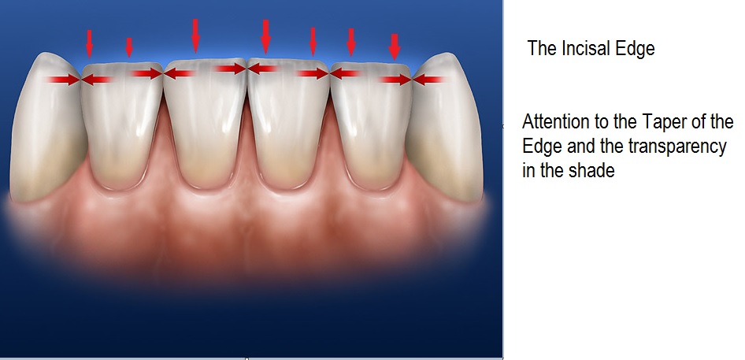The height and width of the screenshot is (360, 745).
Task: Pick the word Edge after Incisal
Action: click(634, 49)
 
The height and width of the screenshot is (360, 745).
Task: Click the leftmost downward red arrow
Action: click(89, 40)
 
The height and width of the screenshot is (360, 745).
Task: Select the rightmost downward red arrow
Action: click(395, 46)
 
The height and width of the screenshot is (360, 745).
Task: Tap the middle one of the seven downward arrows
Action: click(265, 35)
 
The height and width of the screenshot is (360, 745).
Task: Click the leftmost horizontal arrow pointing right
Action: click(64, 79)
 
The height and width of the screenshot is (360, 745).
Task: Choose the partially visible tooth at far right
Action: click(446, 126)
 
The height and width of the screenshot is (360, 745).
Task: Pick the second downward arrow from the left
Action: click(129, 46)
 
